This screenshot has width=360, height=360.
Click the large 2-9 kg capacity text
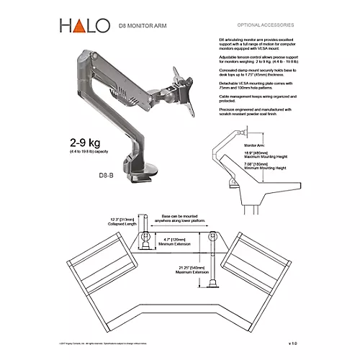90,141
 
